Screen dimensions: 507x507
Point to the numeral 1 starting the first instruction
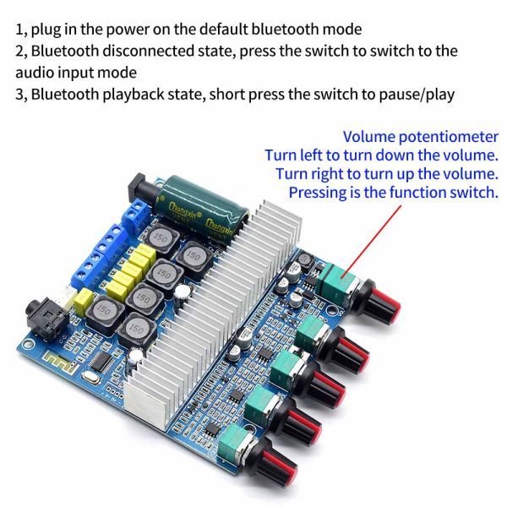pos(20,30)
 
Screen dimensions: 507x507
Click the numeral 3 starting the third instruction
pos(20,94)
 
